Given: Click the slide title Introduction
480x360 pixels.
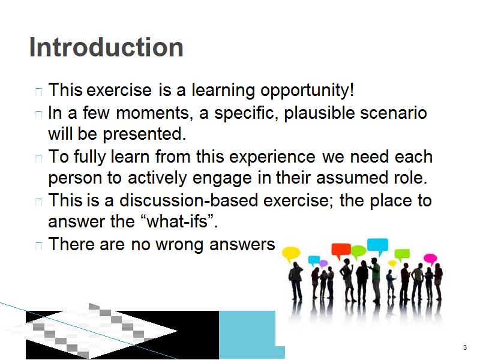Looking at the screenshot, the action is [106, 47].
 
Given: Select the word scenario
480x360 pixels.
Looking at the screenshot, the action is [394, 113].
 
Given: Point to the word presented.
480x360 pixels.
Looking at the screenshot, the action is [144, 134].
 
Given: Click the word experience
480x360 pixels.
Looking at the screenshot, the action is [272, 157].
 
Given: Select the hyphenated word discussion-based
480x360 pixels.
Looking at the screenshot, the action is [188, 200].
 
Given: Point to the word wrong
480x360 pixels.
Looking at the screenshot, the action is [179, 245].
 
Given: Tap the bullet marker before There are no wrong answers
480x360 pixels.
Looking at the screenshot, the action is [38, 245].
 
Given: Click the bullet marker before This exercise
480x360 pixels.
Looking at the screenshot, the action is [38, 92].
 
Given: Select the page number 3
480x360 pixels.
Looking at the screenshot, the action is [464, 347].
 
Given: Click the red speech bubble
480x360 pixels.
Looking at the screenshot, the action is [341, 250].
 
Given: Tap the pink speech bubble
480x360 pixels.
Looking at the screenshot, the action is [430, 259].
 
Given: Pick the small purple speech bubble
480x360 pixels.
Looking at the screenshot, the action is [323, 263].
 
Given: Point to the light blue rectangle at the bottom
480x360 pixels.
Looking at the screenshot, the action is [248, 335].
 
